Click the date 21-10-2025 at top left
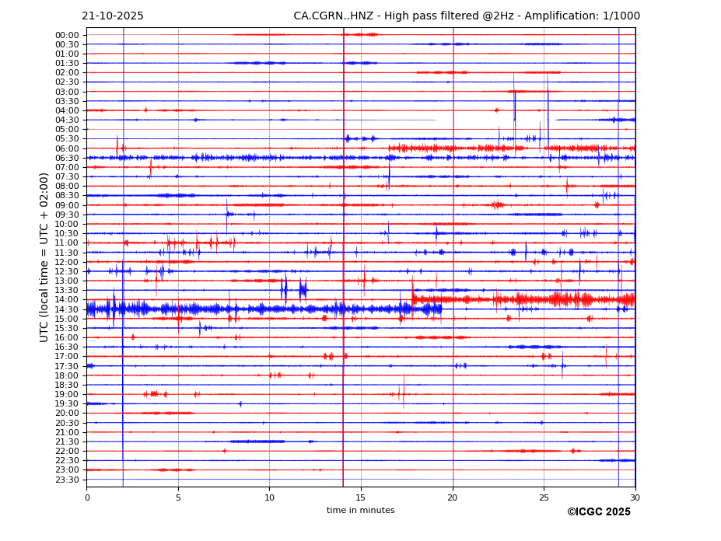point(113,16)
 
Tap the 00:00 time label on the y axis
point(67,35)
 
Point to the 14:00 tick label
point(67,300)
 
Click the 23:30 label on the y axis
point(67,480)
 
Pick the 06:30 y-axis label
point(67,158)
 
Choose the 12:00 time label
point(67,262)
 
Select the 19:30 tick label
point(67,404)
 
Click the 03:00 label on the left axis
point(67,92)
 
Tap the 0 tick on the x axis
point(87,497)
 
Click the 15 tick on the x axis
point(361,497)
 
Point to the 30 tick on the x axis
point(635,497)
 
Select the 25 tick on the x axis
point(544,497)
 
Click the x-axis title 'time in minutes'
point(360,511)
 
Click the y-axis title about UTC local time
point(45,257)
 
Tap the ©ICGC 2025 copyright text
point(598,512)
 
